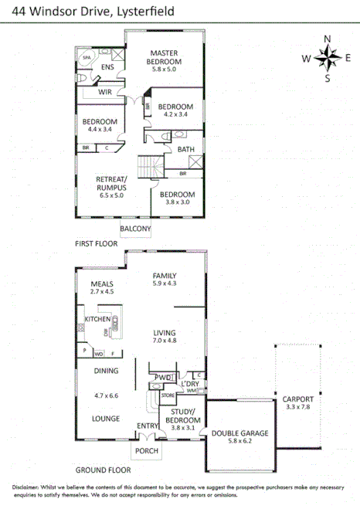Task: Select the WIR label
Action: [x=106, y=91]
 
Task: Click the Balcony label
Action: [x=135, y=229]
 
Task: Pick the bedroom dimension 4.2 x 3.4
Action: [x=176, y=114]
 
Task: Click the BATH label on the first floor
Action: [x=185, y=149]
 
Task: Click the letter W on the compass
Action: [x=307, y=58]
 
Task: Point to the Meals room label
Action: [x=102, y=283]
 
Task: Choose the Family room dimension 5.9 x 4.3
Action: [x=165, y=283]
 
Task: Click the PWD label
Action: [x=162, y=378]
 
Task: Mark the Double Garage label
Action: [x=239, y=433]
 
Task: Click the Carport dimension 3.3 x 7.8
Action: [x=297, y=408]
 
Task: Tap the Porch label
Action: [x=146, y=451]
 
